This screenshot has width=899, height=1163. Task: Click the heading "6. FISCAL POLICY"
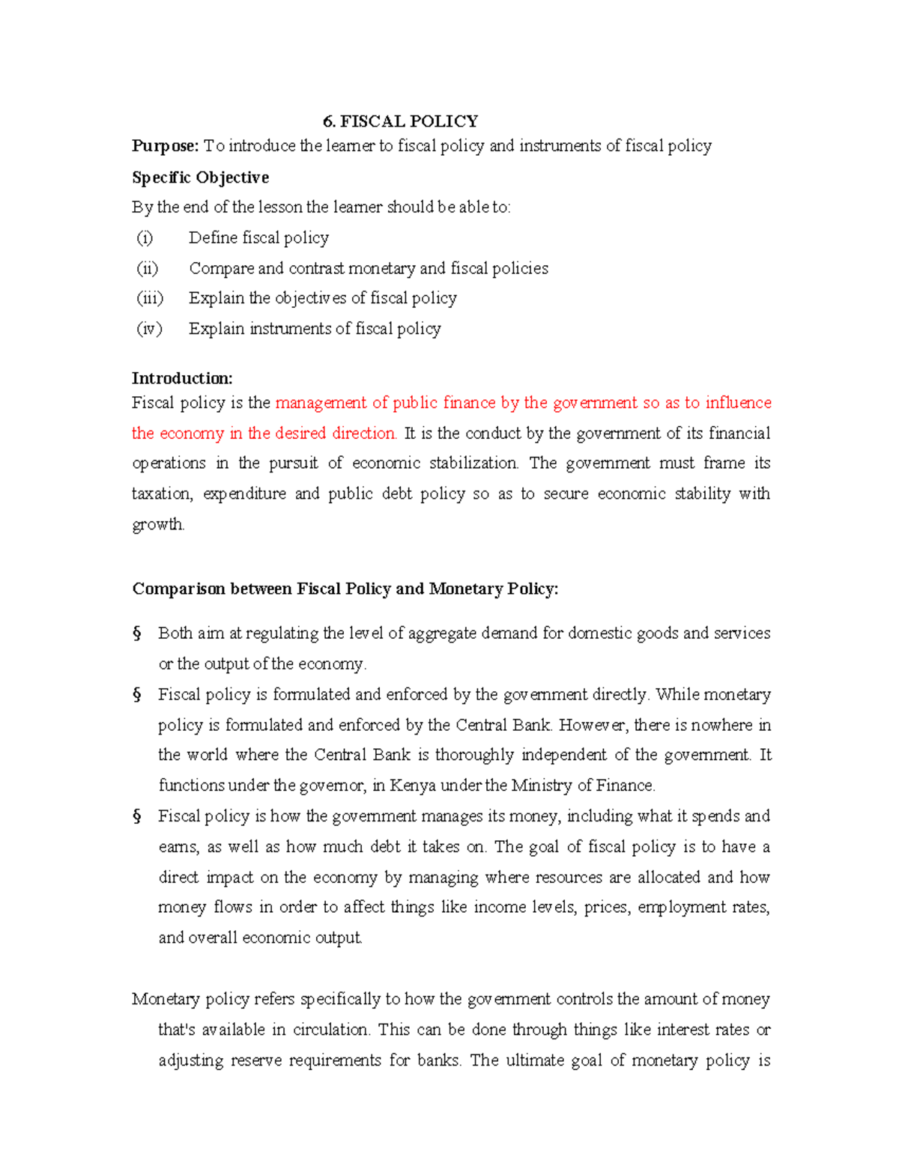[400, 121]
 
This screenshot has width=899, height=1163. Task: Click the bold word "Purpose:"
[166, 146]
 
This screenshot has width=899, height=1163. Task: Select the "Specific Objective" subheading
[200, 177]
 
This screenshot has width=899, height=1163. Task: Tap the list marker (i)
[145, 238]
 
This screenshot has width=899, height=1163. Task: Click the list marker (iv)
[149, 329]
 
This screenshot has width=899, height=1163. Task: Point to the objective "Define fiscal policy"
[258, 238]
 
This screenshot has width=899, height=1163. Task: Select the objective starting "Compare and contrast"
[368, 268]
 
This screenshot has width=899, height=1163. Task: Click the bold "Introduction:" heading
[182, 378]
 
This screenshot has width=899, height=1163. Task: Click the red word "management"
[321, 403]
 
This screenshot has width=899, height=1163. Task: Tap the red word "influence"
[738, 403]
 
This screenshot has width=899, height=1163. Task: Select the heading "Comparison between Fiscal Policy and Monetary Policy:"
[345, 589]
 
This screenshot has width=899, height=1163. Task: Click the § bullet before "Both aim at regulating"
[137, 634]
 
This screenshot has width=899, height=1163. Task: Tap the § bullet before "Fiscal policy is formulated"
[137, 695]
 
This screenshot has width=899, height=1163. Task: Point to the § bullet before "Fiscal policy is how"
[137, 816]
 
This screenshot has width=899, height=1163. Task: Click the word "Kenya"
[413, 786]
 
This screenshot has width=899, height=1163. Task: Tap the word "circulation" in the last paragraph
[330, 1030]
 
